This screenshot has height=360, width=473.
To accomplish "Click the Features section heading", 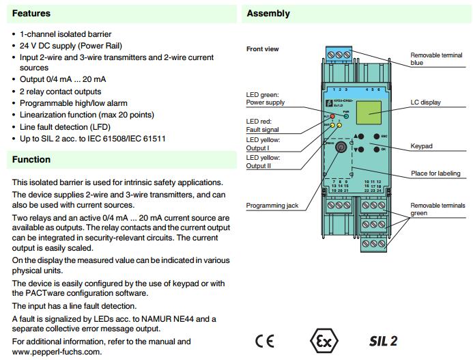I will point(31,14).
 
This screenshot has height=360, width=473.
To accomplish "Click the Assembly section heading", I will point(268,14).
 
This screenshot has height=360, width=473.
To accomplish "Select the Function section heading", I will point(31,160).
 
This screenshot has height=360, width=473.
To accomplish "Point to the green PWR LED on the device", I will point(346,116).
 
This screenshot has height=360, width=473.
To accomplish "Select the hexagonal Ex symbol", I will point(322,340).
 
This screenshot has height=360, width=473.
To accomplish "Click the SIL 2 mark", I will point(384,340).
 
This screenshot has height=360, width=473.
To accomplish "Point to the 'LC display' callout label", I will point(425,102).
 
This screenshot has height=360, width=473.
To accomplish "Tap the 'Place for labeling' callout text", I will point(434,174).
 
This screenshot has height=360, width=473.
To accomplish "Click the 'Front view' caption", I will point(263,49).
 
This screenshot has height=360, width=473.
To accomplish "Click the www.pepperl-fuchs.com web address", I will point(57,352).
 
